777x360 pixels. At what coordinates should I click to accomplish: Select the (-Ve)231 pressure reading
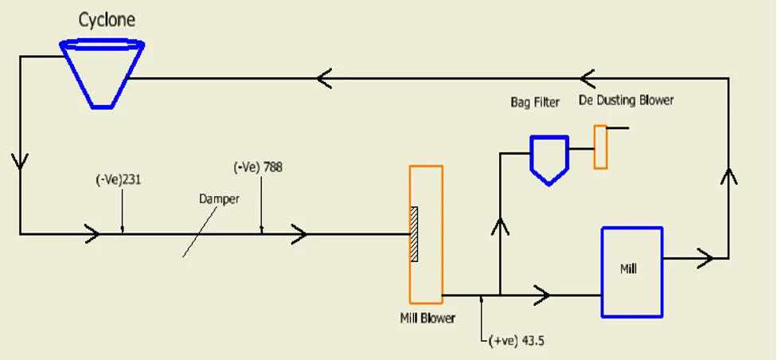tap(119, 180)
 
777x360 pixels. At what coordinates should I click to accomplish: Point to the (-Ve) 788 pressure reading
tap(258, 167)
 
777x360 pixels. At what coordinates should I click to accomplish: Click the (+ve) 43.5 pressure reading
tap(516, 341)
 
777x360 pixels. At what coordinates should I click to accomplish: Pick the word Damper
tap(219, 199)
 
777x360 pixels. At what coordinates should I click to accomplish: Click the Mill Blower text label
tap(428, 319)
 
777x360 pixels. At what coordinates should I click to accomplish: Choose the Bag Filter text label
tap(535, 102)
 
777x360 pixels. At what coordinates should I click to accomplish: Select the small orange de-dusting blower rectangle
tap(600, 147)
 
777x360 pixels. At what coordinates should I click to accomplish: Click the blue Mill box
tap(631, 271)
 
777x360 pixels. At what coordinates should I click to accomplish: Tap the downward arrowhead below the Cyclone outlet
tap(20, 161)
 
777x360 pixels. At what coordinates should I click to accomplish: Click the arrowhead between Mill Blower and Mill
tap(543, 295)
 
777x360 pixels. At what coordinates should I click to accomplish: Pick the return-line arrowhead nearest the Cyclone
tap(324, 78)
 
